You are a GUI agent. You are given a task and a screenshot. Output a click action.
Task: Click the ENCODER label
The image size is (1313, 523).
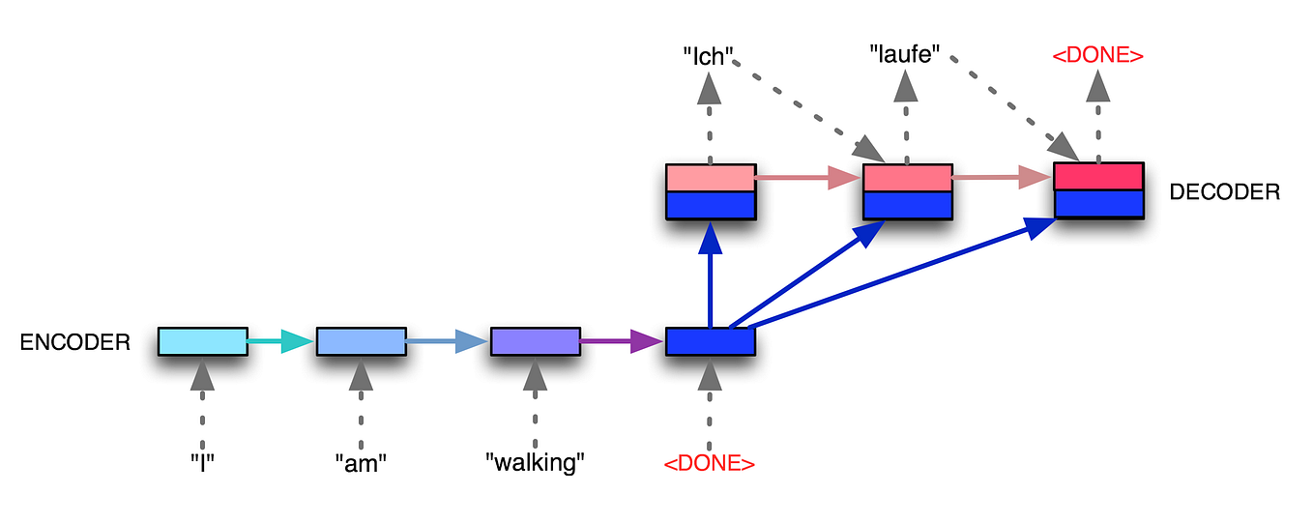pyautogui.click(x=74, y=341)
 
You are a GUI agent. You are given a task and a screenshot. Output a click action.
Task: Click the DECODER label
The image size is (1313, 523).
pyautogui.click(x=1224, y=191)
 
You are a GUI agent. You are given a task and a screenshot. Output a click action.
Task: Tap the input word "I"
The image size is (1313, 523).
pyautogui.click(x=202, y=462)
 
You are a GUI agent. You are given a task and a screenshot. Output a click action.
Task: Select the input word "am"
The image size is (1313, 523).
pyautogui.click(x=361, y=462)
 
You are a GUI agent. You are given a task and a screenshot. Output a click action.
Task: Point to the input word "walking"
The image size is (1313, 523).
pyautogui.click(x=536, y=462)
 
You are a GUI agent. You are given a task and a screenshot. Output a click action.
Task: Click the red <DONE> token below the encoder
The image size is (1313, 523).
pyautogui.click(x=710, y=463)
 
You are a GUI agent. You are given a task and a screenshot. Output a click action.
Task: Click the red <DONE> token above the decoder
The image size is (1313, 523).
pyautogui.click(x=1097, y=55)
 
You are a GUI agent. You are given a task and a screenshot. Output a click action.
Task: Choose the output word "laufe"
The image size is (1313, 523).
pyautogui.click(x=906, y=56)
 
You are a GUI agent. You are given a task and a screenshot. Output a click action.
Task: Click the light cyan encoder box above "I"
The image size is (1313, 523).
pyautogui.click(x=202, y=341)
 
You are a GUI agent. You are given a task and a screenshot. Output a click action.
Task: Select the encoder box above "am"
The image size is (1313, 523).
pyautogui.click(x=361, y=341)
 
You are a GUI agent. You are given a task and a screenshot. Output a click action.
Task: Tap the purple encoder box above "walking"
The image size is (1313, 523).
pyautogui.click(x=535, y=341)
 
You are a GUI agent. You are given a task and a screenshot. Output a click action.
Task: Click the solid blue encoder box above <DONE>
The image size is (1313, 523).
pyautogui.click(x=710, y=341)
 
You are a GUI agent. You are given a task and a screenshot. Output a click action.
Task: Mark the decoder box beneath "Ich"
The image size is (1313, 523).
pyautogui.click(x=710, y=191)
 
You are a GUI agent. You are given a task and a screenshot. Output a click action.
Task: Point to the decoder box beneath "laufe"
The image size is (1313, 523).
pyautogui.click(x=907, y=191)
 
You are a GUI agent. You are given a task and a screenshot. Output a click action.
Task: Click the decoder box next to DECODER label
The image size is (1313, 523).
pyautogui.click(x=1098, y=189)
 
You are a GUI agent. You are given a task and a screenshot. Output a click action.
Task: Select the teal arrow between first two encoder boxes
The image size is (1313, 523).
pyautogui.click(x=281, y=341)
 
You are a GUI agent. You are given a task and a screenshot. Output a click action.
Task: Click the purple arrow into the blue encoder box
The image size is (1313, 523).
pyautogui.click(x=622, y=340)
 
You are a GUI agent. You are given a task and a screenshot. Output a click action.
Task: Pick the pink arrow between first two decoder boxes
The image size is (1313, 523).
pyautogui.click(x=808, y=178)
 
